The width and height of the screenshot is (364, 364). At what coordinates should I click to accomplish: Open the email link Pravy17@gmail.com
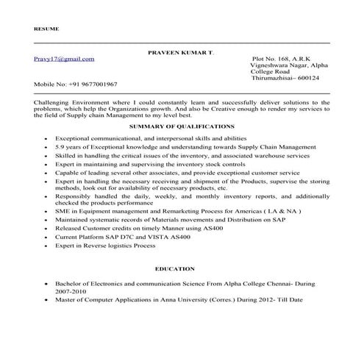tap(64, 58)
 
